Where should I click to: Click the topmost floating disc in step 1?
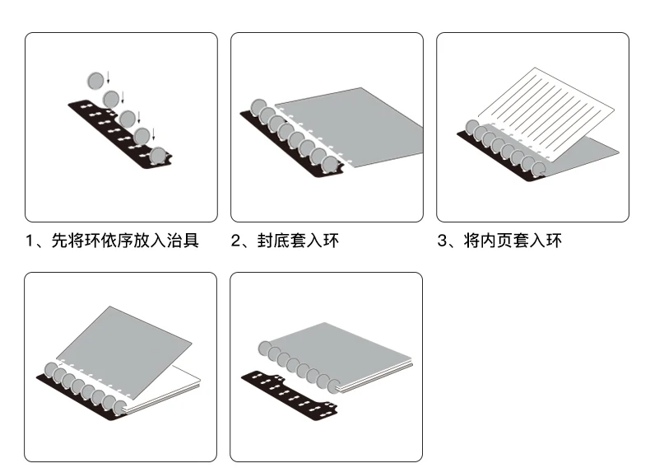coord(96,79)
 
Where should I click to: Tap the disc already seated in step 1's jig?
coord(157,156)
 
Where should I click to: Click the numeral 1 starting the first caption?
coord(30,241)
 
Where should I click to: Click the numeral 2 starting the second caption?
coord(235,241)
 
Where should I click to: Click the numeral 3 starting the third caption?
coord(442,241)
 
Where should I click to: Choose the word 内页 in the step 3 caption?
coord(497,241)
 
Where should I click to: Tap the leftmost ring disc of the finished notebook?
coord(266,347)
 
